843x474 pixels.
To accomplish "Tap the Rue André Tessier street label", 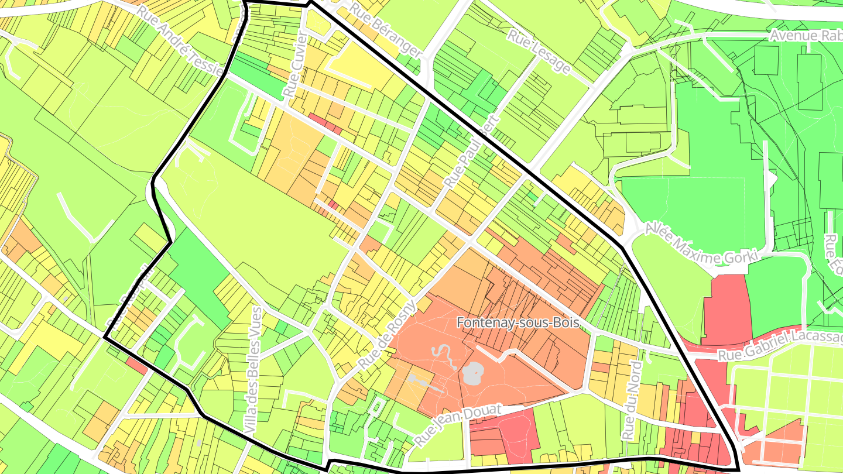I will pos(181,39).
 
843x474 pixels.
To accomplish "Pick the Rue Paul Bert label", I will pos(471,152).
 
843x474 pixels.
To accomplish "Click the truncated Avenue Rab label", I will pos(806,36).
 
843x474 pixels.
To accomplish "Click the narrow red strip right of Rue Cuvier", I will pos(325,123).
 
